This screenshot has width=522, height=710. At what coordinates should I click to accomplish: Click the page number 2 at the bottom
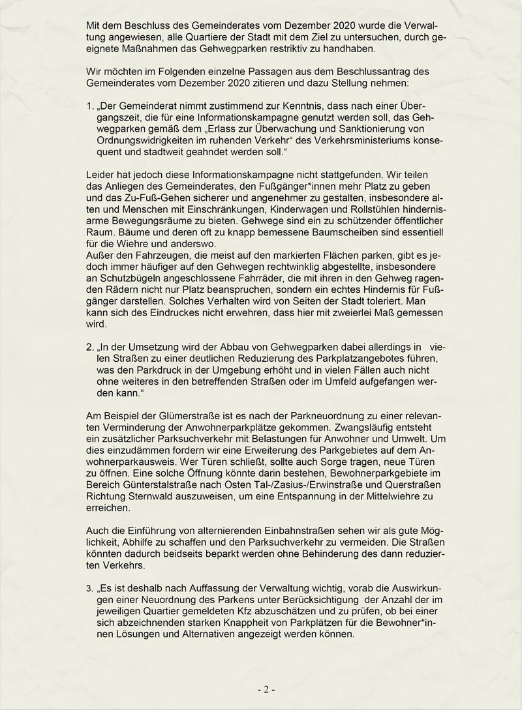tap(266, 689)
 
